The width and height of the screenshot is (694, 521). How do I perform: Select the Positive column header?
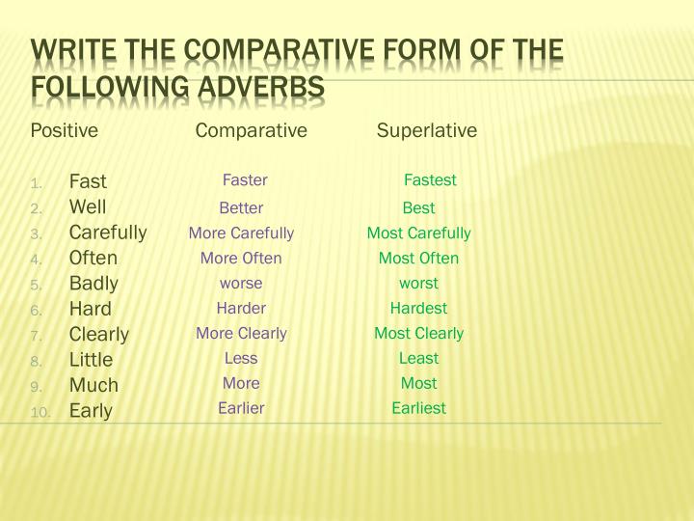click(65, 130)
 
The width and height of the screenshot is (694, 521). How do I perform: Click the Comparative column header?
click(251, 130)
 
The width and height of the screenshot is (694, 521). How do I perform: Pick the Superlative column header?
click(427, 130)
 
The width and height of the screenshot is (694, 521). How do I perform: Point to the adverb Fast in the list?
click(88, 181)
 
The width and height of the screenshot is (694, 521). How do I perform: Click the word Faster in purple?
click(245, 180)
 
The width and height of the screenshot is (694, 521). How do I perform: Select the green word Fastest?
click(430, 180)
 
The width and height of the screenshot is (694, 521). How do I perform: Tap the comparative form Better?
click(241, 207)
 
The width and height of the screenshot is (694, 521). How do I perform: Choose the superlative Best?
click(418, 207)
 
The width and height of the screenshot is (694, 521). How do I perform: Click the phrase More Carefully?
click(241, 233)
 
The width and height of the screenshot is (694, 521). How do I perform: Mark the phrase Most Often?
click(418, 258)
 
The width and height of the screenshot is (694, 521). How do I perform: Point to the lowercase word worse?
click(241, 283)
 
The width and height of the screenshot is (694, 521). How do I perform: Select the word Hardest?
click(418, 308)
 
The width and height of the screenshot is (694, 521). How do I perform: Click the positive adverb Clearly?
click(99, 334)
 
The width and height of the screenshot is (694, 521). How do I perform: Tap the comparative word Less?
click(241, 358)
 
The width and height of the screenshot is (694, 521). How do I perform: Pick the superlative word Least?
click(418, 358)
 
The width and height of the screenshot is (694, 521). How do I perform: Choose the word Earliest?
click(418, 408)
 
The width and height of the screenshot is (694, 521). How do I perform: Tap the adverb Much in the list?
click(93, 385)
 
